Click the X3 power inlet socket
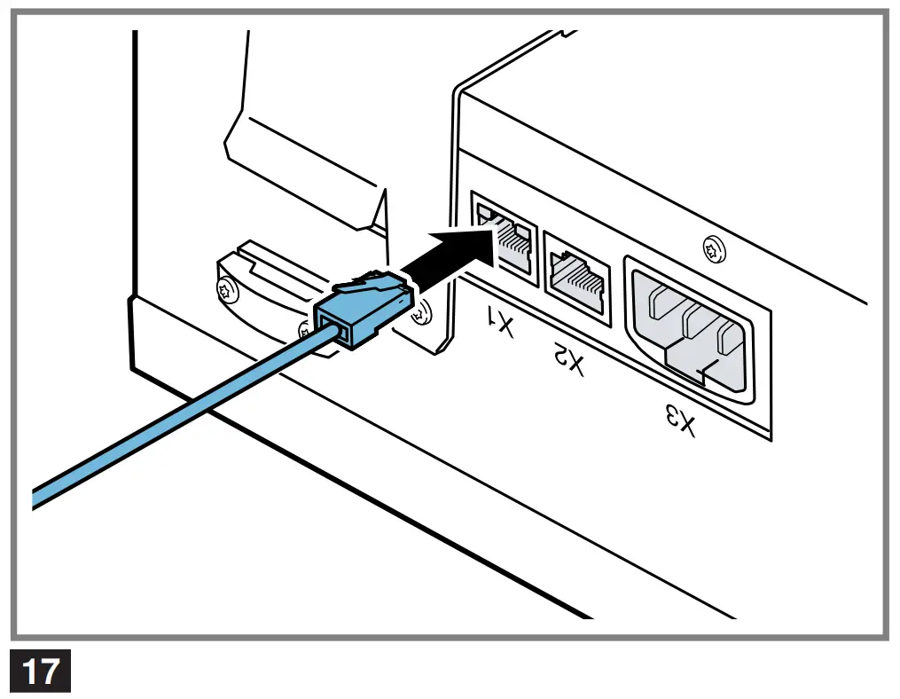tap(691, 329)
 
